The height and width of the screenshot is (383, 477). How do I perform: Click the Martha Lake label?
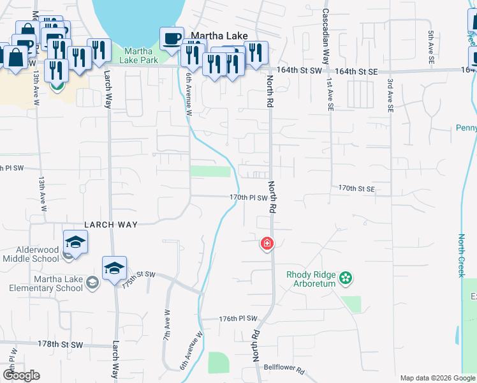(212, 38)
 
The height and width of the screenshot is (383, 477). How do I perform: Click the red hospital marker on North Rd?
(267, 244)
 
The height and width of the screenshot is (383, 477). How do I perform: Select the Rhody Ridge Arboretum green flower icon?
(346, 278)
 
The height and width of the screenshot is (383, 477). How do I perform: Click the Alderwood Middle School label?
(30, 254)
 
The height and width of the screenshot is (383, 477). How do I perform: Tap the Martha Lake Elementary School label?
(46, 283)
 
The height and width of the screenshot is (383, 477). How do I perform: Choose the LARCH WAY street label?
(112, 225)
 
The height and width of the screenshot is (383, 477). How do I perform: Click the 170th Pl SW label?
(249, 198)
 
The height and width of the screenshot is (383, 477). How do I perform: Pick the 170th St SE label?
(356, 189)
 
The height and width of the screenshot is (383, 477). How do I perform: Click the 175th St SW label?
(138, 279)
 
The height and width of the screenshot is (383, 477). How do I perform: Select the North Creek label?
(462, 255)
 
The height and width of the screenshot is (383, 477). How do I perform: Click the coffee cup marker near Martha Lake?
(171, 38)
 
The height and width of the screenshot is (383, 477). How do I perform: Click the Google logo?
(21, 375)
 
